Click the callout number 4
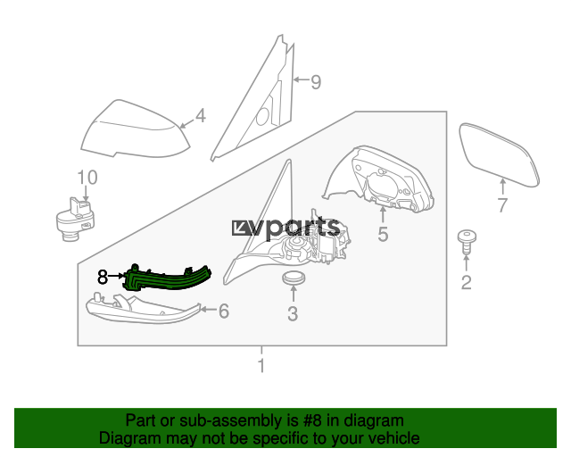201,115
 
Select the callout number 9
316,82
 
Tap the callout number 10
87,178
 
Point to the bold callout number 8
103,277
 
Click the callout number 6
224,311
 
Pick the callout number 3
293,313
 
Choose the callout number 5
383,234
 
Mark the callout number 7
502,205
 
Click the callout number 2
466,282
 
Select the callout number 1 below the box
261,366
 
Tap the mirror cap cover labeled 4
135,129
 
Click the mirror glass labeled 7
499,155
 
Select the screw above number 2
467,240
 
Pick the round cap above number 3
294,278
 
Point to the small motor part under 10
75,220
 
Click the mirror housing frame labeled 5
378,179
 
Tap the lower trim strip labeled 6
143,310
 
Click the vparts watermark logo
285,228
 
